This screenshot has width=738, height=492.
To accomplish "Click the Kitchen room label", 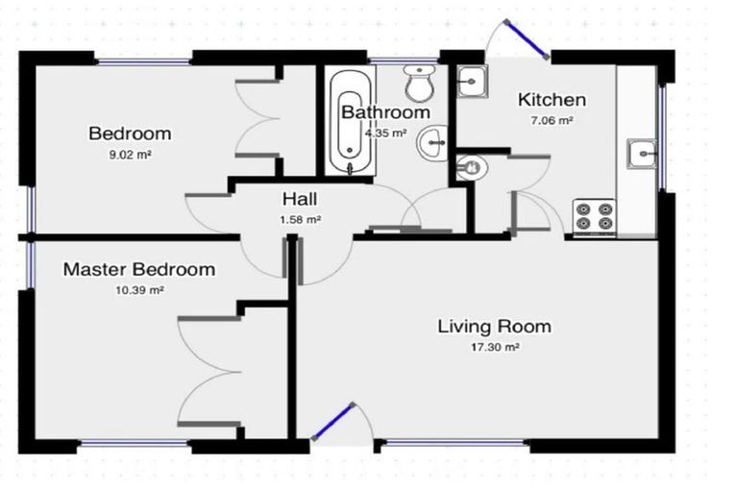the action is (552, 100).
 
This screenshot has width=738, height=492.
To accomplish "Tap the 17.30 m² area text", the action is (495, 348).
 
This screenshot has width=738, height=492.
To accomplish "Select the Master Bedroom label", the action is (139, 269).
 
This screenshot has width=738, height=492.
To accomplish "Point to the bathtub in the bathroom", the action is (350, 121).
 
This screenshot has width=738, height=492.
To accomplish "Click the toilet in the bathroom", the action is (419, 84).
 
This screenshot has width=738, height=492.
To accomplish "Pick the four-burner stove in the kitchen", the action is (594, 215).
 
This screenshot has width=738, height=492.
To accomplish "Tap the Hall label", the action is (300, 199).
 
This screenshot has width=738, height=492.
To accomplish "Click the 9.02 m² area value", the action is (130, 155).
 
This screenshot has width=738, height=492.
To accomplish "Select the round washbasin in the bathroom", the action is (432, 142).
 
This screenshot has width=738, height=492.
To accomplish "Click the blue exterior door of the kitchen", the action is (527, 39).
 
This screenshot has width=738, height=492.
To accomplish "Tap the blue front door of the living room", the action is (332, 422).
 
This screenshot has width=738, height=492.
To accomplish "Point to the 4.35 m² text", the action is (385, 133).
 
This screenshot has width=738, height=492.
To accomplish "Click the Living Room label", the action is (494, 327).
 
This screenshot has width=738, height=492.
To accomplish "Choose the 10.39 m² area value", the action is (139, 290).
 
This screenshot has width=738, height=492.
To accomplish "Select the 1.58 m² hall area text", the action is (300, 219).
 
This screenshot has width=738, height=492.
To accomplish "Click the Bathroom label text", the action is (385, 112).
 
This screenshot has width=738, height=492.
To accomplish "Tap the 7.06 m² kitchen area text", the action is (552, 120).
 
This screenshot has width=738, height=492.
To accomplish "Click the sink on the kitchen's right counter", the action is (641, 154).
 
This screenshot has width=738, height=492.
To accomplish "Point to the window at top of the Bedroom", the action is (143, 61).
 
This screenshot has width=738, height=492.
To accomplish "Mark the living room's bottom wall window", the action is (455, 443).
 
